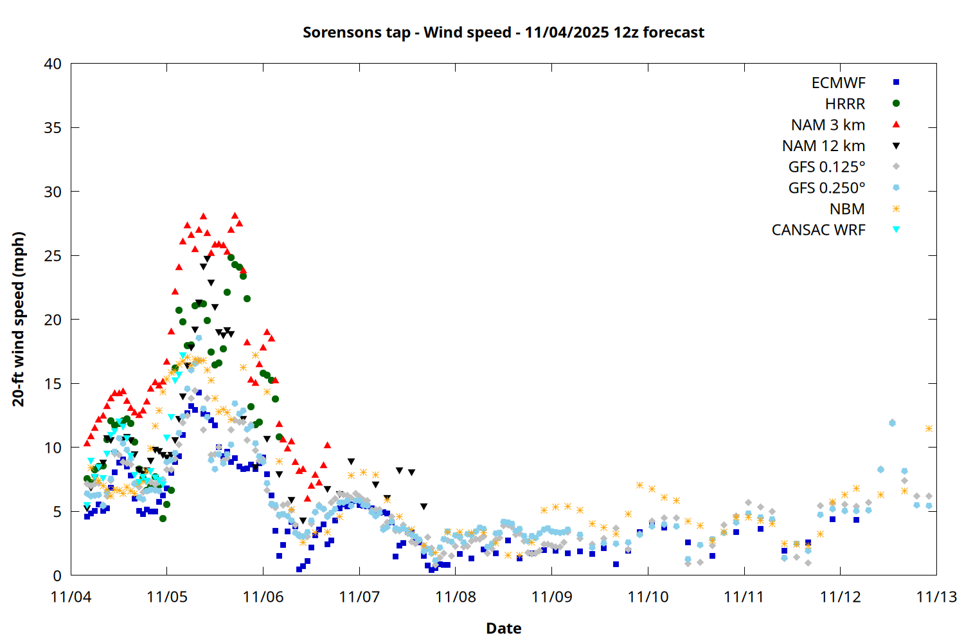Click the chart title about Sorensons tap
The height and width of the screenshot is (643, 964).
tap(503, 32)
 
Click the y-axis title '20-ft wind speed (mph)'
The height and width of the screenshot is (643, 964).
tap(19, 319)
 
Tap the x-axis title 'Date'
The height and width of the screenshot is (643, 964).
tap(503, 628)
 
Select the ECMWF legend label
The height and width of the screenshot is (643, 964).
tap(838, 83)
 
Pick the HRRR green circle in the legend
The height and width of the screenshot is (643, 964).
tap(896, 104)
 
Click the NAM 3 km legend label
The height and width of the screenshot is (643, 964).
tap(828, 125)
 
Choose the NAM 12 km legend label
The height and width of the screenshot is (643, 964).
tap(823, 146)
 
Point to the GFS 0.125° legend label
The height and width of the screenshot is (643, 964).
tap(826, 167)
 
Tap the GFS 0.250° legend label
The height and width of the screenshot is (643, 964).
tap(826, 188)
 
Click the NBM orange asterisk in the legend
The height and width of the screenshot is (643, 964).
tap(896, 209)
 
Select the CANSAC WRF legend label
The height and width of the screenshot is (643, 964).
tap(818, 230)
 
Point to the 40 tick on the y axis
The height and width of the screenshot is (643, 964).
tap(53, 64)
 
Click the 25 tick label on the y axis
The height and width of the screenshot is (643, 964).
tap(53, 256)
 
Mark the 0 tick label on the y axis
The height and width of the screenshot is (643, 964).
tap(58, 575)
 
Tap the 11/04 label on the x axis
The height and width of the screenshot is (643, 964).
tap(71, 597)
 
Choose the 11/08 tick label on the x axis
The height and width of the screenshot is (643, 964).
tap(456, 597)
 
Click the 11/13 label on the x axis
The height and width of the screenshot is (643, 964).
tap(936, 597)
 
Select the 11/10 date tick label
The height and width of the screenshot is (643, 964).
tap(648, 597)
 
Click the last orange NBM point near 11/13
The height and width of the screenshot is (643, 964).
tap(929, 428)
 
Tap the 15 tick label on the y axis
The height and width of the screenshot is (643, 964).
tap(53, 384)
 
